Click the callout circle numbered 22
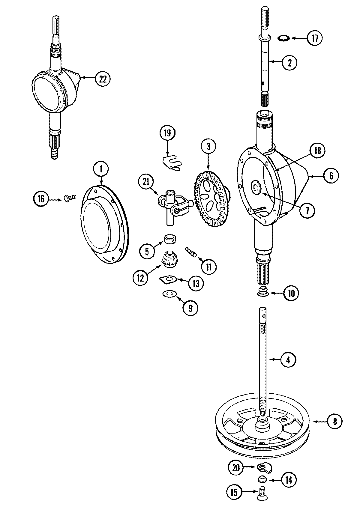(x=103, y=79)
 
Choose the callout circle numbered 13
(x=196, y=283)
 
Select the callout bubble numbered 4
(x=288, y=359)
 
